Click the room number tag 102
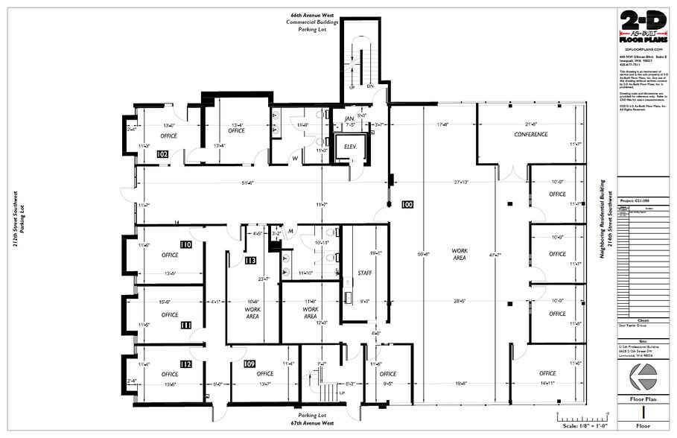(162, 154)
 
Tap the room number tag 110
(185, 244)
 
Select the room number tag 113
(250, 261)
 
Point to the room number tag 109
(249, 364)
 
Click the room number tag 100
(407, 203)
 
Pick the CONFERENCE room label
(531, 135)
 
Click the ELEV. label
(351, 147)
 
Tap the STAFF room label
(365, 273)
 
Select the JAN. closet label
(349, 118)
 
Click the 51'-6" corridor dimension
(247, 182)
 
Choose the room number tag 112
(185, 364)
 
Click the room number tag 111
(185, 325)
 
